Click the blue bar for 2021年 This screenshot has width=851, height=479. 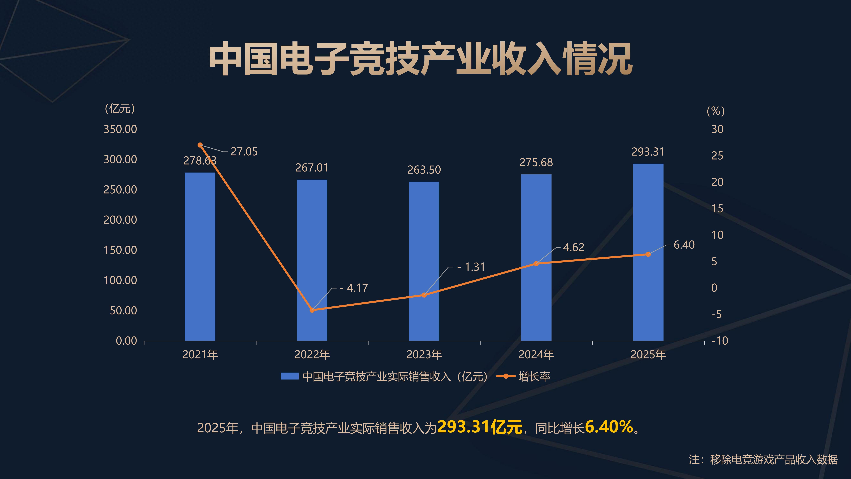(x=200, y=256)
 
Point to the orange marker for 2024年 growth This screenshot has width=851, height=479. (x=536, y=263)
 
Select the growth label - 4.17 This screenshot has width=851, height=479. (x=354, y=288)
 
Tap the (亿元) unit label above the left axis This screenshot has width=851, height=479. (x=120, y=108)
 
